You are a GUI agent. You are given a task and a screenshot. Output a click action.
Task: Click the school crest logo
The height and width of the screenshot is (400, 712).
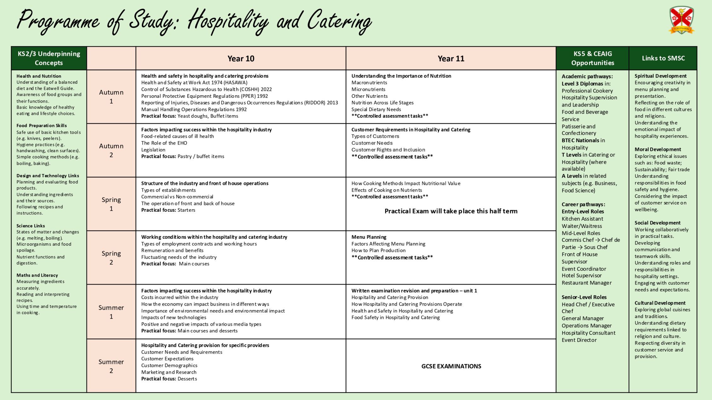[x=681, y=20]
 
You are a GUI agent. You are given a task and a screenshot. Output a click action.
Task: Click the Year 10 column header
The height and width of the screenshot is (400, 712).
[x=241, y=59]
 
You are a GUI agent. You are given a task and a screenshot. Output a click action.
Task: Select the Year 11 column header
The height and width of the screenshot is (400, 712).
[x=451, y=59]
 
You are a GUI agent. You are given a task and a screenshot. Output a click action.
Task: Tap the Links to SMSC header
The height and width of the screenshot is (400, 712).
[x=663, y=58]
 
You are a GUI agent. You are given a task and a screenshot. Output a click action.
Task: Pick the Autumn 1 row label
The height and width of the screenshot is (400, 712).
[x=111, y=97]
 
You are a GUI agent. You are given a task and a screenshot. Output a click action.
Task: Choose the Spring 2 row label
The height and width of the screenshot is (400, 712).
[x=111, y=258]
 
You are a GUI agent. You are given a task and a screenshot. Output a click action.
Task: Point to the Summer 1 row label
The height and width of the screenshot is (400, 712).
[x=111, y=312]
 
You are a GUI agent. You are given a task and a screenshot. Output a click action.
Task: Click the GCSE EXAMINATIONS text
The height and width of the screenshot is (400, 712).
[x=451, y=366]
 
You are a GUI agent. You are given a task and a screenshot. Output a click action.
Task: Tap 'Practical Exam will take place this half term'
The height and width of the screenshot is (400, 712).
[x=451, y=211]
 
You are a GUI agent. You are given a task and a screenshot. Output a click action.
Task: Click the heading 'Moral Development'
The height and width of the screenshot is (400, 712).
[x=658, y=149]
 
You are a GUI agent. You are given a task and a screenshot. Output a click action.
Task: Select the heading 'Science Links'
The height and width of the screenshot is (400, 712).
[x=31, y=226]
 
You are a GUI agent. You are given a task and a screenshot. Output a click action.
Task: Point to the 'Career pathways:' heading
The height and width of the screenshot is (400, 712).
[x=583, y=205]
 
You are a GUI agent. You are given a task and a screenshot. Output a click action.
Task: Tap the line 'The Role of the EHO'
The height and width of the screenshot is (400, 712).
[x=164, y=143]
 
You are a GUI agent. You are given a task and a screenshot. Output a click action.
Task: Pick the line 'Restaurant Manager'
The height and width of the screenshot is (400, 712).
[x=587, y=283]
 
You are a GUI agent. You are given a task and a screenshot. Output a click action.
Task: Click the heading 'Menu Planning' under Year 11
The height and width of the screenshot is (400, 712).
[x=369, y=237]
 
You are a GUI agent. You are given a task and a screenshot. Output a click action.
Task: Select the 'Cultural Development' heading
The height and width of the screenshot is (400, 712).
[x=660, y=303]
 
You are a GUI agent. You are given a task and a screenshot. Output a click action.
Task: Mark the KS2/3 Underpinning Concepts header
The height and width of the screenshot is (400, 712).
[x=49, y=58]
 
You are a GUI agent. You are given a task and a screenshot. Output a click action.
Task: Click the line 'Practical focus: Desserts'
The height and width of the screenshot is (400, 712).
[x=169, y=379]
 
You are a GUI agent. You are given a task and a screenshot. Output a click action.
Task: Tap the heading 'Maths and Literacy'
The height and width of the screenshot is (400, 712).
[x=37, y=275]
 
